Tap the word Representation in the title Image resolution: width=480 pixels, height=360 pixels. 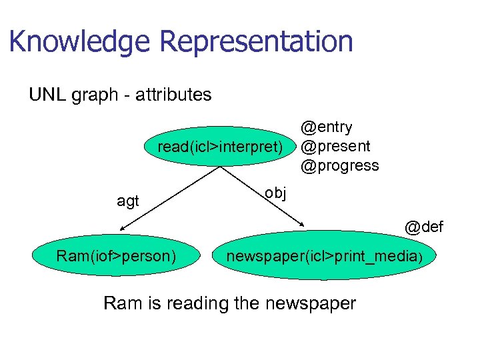(x=257, y=41)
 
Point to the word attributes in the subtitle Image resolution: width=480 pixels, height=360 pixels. (x=173, y=95)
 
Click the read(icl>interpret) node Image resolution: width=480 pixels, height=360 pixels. (x=219, y=146)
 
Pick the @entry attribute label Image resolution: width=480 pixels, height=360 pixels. (x=326, y=127)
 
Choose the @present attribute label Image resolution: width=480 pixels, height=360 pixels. (x=335, y=145)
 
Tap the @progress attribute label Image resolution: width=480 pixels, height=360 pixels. (x=339, y=165)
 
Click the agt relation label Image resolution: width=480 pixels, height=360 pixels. (x=127, y=201)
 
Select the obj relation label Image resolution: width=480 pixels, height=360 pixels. (x=275, y=193)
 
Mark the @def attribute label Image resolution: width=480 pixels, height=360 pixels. (x=423, y=227)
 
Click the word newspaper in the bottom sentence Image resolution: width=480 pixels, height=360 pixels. (x=310, y=303)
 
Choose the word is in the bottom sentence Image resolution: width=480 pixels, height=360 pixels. (x=152, y=303)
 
